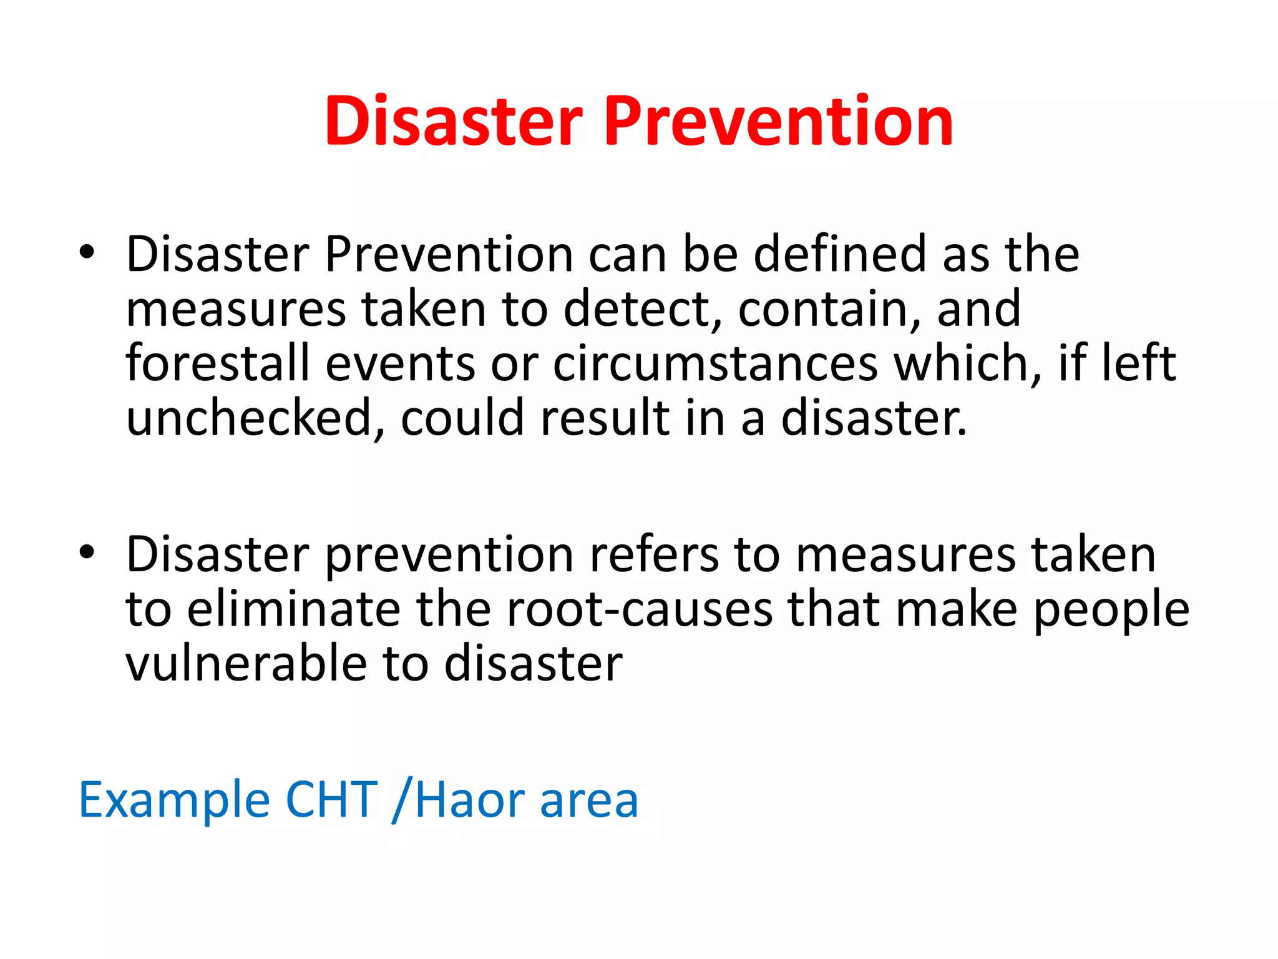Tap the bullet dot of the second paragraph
pos(87,552)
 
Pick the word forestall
pos(218,363)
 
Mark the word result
pos(605,418)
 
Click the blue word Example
pos(174,800)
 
